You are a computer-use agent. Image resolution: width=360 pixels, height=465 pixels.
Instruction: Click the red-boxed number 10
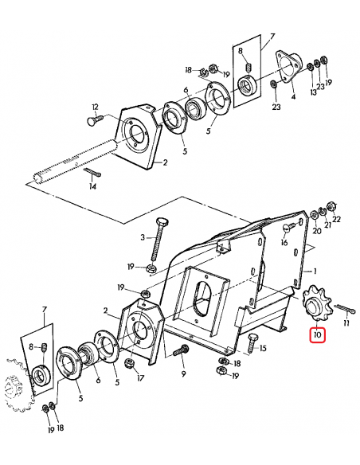pos(317,335)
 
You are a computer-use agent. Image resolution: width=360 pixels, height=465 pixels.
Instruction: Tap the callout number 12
pos(94,107)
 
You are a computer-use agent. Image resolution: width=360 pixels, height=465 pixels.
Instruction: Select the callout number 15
pos(263,348)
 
